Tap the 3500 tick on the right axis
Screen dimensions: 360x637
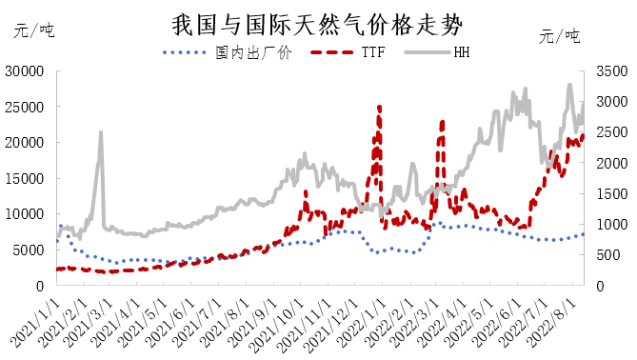click(610, 70)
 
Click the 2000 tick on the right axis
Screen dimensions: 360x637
click(610, 163)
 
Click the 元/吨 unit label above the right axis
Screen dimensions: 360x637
click(560, 36)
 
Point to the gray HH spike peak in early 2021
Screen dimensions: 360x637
click(101, 133)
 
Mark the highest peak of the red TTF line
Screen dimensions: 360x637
click(380, 107)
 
